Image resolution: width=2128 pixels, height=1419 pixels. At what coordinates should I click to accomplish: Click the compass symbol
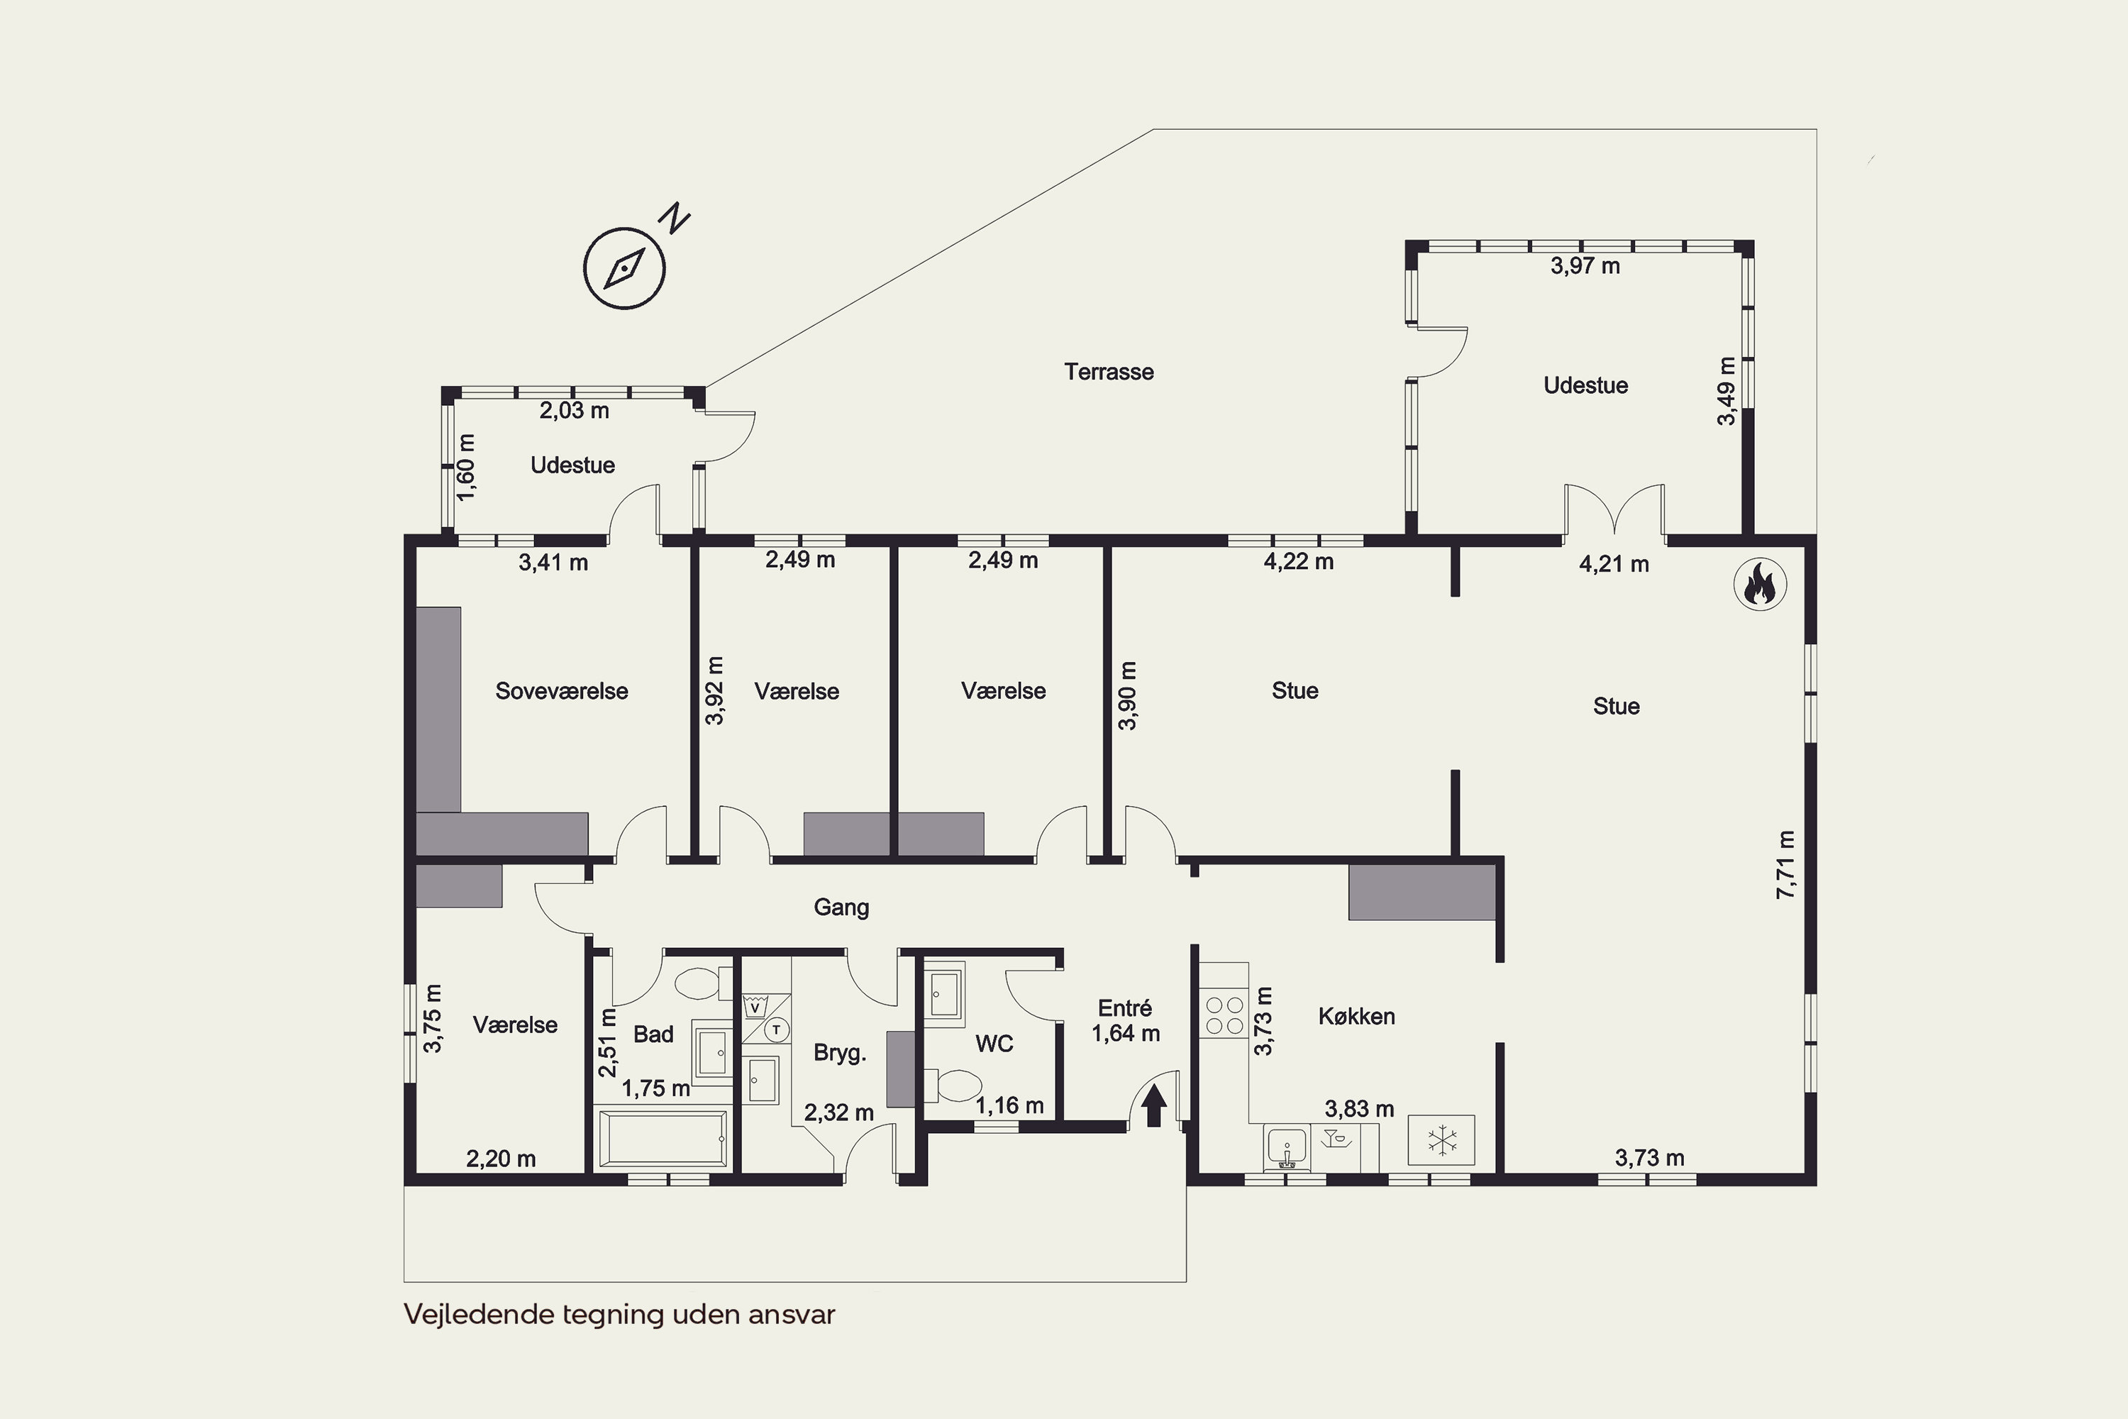624,269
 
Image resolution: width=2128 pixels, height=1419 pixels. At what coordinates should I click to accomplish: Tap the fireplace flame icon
1760,584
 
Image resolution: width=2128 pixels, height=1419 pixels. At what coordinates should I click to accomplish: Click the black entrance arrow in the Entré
1153,1106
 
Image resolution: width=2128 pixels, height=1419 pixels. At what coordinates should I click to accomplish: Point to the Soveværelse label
561,691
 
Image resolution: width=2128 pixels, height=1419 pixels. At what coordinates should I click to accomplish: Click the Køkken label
1356,1016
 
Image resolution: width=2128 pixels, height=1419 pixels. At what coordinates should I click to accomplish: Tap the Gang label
841,907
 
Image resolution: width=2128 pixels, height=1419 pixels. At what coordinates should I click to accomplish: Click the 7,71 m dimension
1785,864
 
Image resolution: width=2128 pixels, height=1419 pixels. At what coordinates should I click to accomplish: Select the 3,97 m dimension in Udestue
1585,266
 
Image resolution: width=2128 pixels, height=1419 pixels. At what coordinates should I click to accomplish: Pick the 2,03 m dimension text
574,411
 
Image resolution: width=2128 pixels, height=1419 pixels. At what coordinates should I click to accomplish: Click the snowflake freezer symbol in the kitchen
1441,1140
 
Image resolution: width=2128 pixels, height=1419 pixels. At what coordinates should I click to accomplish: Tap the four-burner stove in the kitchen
1224,1015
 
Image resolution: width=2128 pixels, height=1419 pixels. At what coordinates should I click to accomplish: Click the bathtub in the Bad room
663,1139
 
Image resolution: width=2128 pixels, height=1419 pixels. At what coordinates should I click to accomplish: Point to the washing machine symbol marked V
755,1006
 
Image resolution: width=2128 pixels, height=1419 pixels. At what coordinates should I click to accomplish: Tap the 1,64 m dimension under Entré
1126,1034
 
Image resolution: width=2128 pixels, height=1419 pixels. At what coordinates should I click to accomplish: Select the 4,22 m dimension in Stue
1298,562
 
